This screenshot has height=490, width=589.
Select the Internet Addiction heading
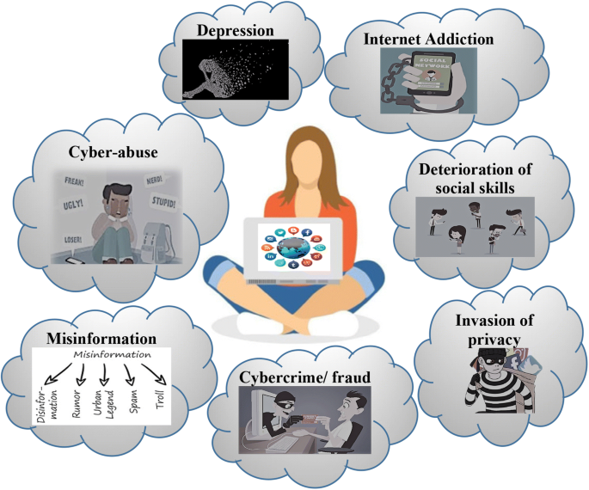point(427,40)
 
